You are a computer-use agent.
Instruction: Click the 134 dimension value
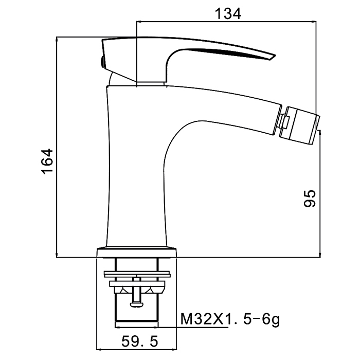227,13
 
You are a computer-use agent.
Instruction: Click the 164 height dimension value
47,163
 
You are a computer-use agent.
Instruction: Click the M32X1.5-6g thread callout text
230,320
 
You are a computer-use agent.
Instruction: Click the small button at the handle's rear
101,62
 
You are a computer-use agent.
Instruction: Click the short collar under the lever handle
151,82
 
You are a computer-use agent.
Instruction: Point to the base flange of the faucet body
136,253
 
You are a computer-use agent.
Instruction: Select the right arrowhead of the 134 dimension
313,22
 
